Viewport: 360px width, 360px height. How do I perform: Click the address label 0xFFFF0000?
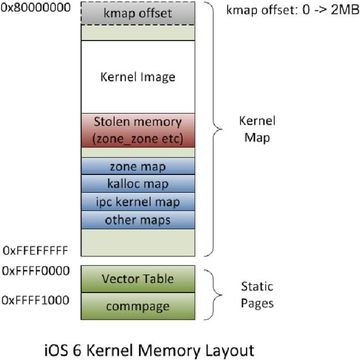pyautogui.click(x=34, y=271)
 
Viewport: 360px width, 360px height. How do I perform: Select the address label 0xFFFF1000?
pyautogui.click(x=34, y=299)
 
